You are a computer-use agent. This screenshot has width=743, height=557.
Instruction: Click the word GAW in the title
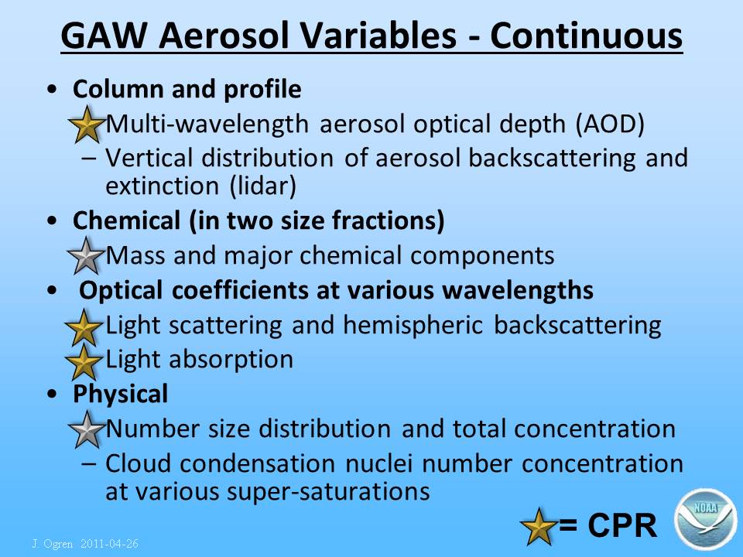tap(104, 36)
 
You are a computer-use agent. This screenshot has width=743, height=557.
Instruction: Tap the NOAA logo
tap(704, 518)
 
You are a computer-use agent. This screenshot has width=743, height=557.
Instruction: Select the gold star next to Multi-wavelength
tap(87, 125)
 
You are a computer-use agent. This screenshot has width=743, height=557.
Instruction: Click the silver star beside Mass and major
tap(86, 256)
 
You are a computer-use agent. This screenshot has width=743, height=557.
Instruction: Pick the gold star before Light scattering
tap(84, 327)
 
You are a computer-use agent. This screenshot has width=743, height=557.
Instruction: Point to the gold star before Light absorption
tap(84, 362)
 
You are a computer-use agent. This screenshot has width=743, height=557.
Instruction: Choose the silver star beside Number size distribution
tap(87, 429)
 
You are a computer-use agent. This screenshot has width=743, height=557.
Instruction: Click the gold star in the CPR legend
tap(539, 526)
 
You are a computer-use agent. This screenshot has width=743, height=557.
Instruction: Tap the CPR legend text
tap(608, 525)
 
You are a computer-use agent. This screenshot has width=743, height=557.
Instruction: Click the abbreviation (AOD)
tap(611, 125)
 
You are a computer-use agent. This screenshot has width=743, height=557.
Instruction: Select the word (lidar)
tap(262, 186)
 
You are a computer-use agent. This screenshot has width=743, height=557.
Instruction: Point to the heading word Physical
tap(121, 394)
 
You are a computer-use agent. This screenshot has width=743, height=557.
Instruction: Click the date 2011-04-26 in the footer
tap(109, 543)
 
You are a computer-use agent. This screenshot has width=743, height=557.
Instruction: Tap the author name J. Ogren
tap(53, 544)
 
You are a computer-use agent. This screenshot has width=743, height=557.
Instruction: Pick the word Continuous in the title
tap(587, 36)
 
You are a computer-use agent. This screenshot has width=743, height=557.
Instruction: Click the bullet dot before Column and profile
tap(52, 89)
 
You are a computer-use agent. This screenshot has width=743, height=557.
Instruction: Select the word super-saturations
tap(328, 492)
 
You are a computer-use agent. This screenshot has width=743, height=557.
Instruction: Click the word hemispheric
tap(413, 326)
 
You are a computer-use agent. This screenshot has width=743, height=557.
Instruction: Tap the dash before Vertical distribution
tap(88, 158)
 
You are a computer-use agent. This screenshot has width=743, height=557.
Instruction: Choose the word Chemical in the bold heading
tap(126, 220)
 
